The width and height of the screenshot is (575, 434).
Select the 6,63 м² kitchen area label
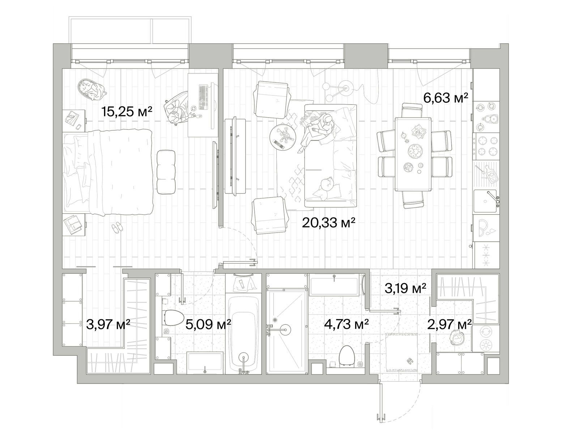(x=446, y=98)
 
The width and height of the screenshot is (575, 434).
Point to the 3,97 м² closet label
(x=108, y=324)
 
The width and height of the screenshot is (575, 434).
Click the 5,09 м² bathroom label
(x=208, y=324)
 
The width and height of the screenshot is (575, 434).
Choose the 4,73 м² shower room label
(x=346, y=324)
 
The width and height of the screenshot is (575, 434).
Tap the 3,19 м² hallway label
(x=405, y=288)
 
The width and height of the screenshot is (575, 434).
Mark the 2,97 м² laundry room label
(x=449, y=324)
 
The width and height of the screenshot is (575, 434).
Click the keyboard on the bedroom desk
(x=203, y=98)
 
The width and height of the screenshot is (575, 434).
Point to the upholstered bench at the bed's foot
(x=166, y=172)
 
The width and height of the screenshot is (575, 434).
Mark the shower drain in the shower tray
(x=275, y=320)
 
